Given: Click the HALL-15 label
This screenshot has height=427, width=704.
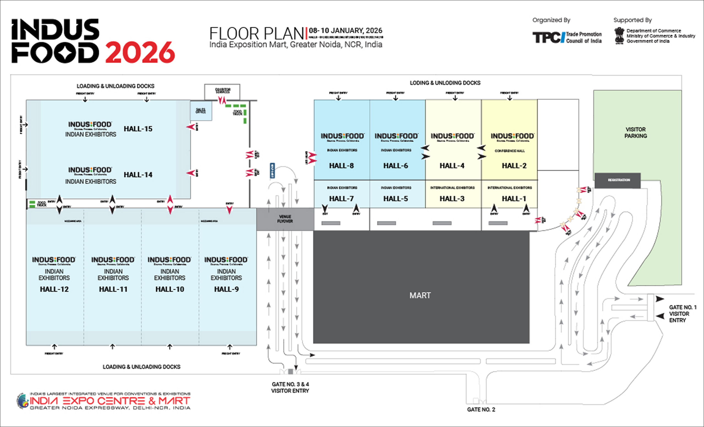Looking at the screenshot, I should pyautogui.click(x=138, y=129).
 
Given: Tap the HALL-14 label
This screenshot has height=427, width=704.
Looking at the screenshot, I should pyautogui.click(x=138, y=175).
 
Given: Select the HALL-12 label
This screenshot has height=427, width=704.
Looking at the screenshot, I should pyautogui.click(x=54, y=289).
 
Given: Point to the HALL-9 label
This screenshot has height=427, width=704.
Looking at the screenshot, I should pyautogui.click(x=226, y=289).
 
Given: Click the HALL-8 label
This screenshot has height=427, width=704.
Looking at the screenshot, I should pyautogui.click(x=342, y=166).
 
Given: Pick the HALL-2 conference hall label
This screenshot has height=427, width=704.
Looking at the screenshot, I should pyautogui.click(x=514, y=166).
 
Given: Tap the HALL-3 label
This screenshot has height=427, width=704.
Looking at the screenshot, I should pyautogui.click(x=452, y=199).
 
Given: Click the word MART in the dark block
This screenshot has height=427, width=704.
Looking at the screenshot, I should pyautogui.click(x=420, y=295).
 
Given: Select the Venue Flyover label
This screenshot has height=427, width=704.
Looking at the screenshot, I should pyautogui.click(x=285, y=219).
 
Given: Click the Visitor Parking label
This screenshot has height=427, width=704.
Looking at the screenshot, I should pyautogui.click(x=636, y=133).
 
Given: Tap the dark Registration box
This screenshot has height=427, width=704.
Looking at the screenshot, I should pyautogui.click(x=617, y=180).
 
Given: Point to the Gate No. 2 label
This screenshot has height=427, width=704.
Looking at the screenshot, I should pyautogui.click(x=481, y=410).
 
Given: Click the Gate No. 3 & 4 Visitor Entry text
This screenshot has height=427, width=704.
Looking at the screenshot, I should pyautogui.click(x=290, y=388).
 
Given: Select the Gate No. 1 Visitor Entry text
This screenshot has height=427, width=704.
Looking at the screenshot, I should pyautogui.click(x=683, y=314).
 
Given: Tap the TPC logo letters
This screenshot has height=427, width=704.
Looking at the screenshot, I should pyautogui.click(x=547, y=37).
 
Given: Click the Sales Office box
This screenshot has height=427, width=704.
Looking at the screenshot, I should pyautogui.click(x=201, y=110).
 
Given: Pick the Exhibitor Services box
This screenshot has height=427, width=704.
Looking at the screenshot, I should pyautogui.click(x=222, y=91).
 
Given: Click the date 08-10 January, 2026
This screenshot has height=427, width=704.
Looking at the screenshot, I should pyautogui.click(x=345, y=30).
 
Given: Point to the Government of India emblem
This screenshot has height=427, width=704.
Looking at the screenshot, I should pyautogui.click(x=619, y=36).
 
